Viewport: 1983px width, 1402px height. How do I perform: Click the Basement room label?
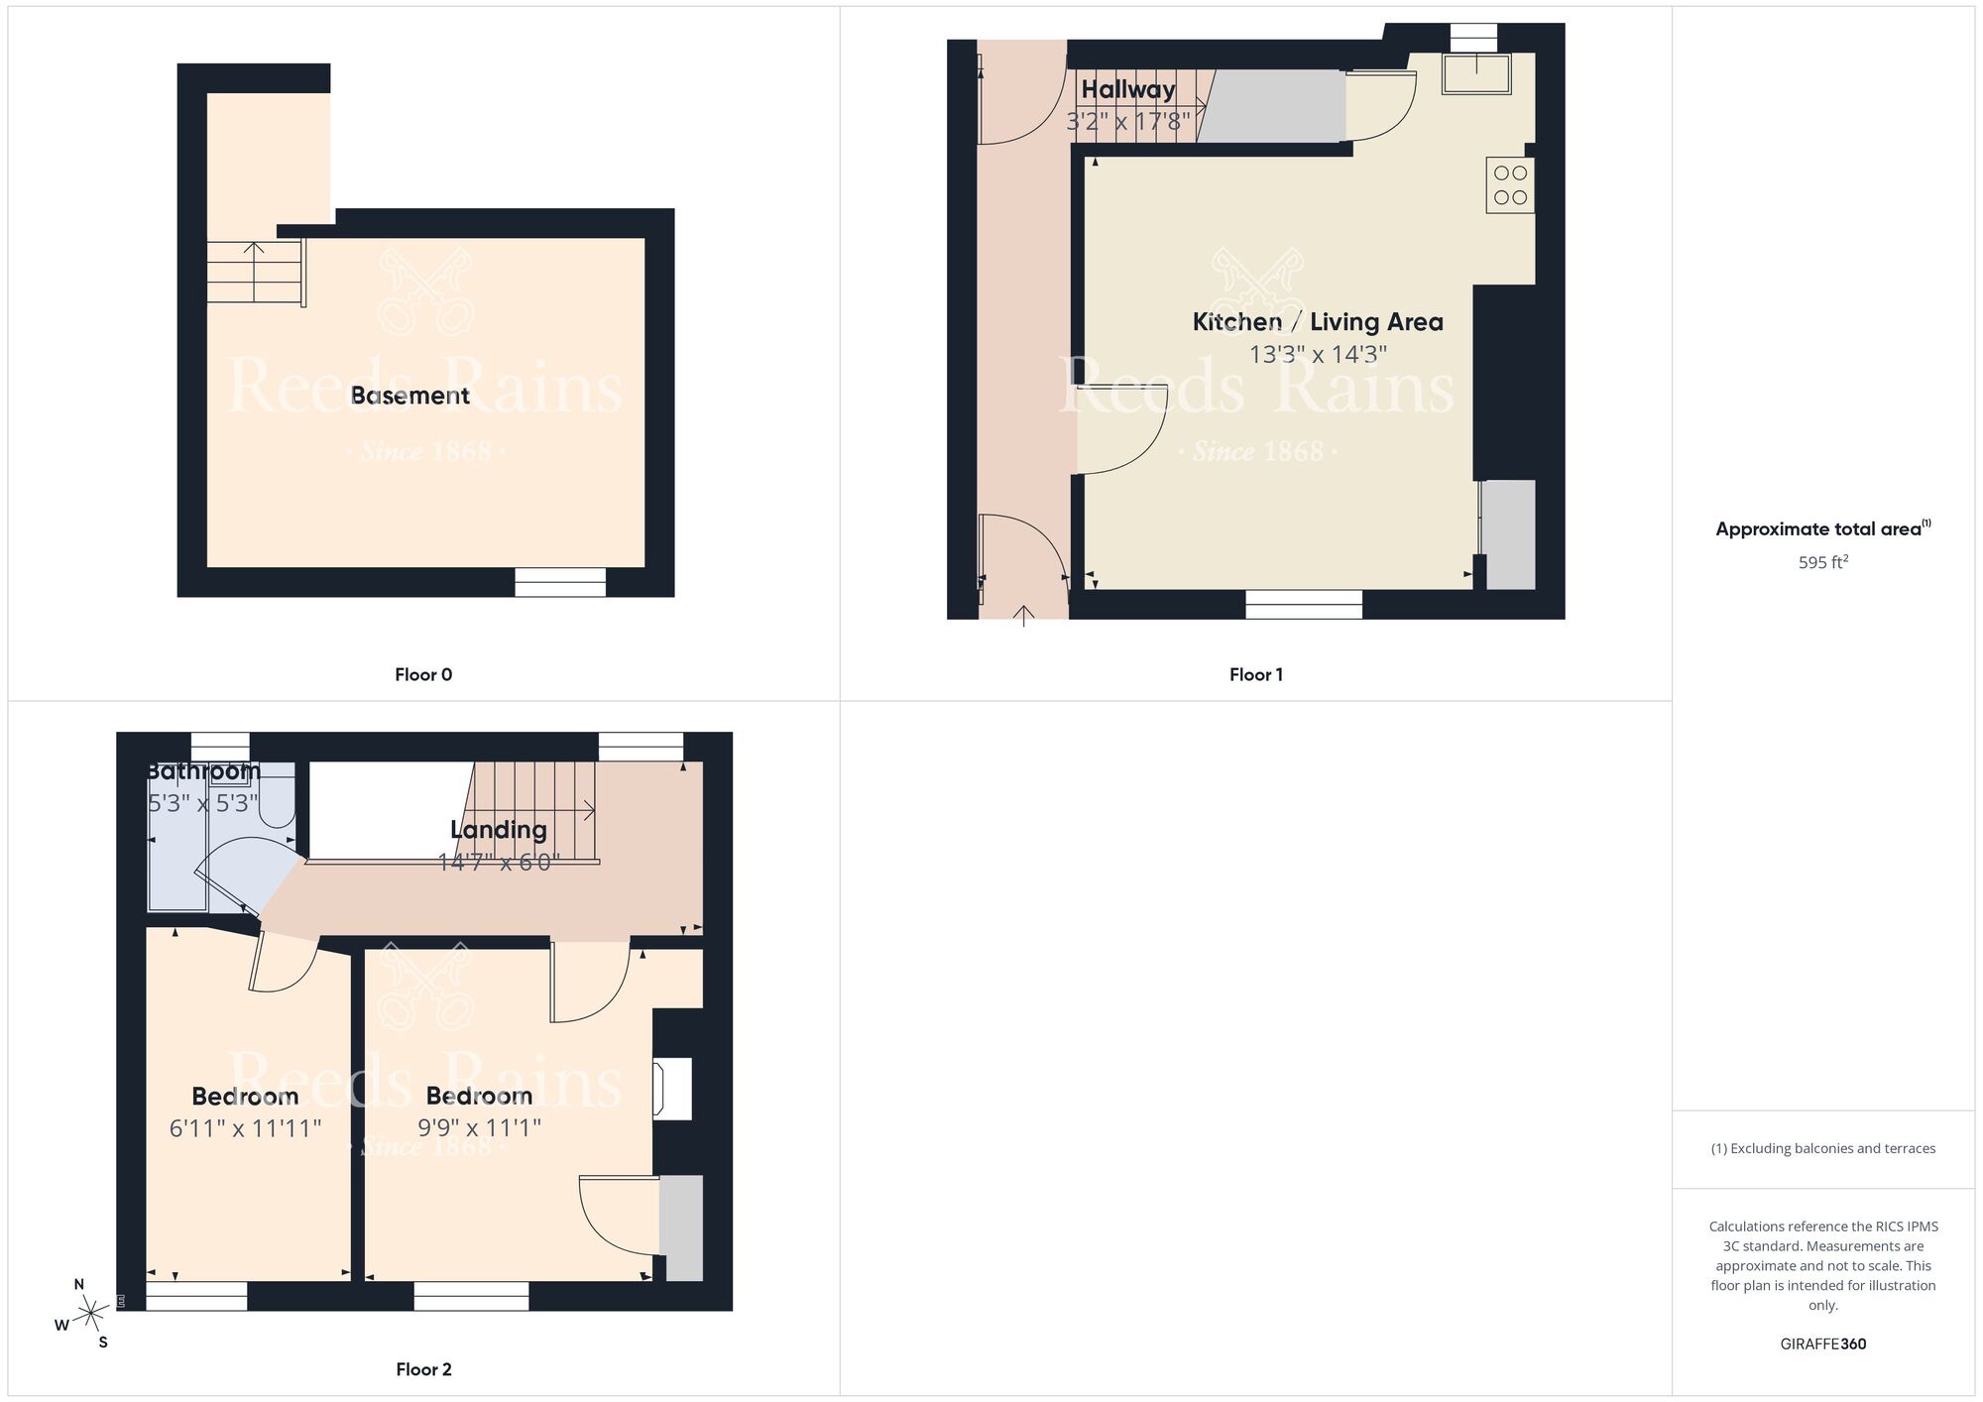pos(409,396)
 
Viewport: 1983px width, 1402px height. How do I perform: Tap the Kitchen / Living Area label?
pos(1317,321)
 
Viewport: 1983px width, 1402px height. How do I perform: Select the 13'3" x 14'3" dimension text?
pos(1317,354)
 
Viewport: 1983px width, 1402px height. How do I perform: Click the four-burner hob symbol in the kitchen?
pos(1509,184)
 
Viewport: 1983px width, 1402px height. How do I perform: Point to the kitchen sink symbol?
pos(1476,74)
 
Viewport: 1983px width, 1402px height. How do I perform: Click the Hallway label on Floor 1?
pos(1127,89)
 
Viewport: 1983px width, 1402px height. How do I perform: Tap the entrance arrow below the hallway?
pos(1023,616)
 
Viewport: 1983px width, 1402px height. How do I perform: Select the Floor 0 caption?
pos(423,674)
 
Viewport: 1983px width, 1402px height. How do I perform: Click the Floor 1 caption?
pos(1255,674)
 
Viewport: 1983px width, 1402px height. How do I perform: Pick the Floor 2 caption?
pos(423,1369)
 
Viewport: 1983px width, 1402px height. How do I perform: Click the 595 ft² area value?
pos(1822,562)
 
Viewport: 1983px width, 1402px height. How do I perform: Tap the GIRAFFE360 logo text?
pos(1822,1344)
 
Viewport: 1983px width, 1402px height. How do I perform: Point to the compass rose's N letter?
pos(79,1284)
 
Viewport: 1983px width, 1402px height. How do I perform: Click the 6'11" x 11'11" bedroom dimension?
pos(245,1128)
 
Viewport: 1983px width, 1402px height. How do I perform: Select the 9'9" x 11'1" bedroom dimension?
pos(479,1127)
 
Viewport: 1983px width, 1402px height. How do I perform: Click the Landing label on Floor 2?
pos(498,830)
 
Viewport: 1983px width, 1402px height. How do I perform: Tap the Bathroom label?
pos(203,770)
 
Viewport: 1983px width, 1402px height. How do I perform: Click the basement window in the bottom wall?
pos(559,582)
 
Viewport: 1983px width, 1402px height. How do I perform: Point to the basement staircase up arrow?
pos(254,248)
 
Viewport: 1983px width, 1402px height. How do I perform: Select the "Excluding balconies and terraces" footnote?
pos(1822,1148)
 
